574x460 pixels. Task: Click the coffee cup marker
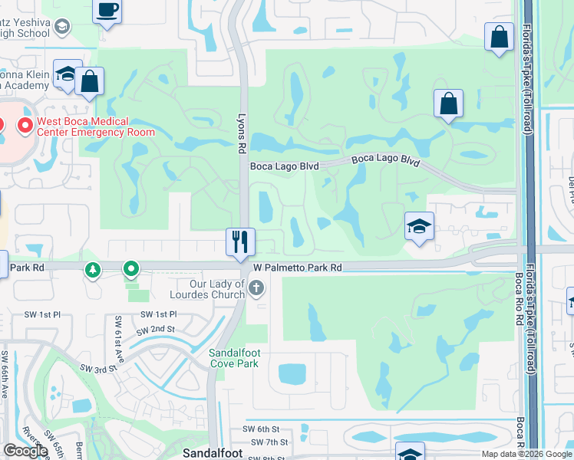[x=107, y=11]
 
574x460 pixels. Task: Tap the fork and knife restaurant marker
[x=240, y=241]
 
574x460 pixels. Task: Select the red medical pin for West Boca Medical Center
[x=25, y=125]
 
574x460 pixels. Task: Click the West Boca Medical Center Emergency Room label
[x=95, y=127]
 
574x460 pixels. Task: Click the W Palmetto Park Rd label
[x=297, y=268]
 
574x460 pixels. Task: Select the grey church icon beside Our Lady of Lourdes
[x=256, y=288]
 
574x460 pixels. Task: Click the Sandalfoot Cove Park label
[x=233, y=358]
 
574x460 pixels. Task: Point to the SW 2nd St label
[x=156, y=330]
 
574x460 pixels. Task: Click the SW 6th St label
[x=259, y=429]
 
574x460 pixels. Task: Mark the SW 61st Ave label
[x=119, y=334]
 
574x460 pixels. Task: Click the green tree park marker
[x=93, y=270]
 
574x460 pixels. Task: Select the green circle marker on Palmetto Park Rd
[x=131, y=269]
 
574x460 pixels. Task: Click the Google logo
[x=25, y=451]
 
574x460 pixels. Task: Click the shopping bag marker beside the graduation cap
[x=89, y=83]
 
